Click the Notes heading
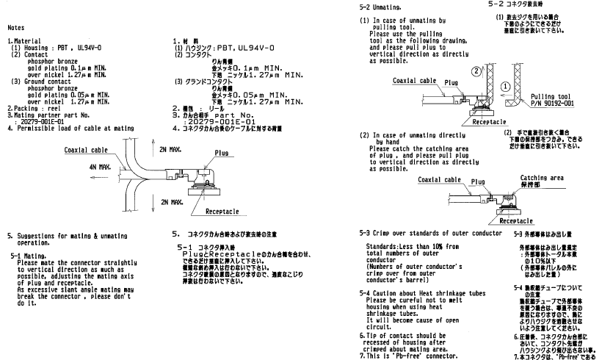tap(17, 26)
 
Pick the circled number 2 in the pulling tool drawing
tap(476, 71)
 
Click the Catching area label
tap(542, 177)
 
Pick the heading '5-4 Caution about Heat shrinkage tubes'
tap(425, 293)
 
